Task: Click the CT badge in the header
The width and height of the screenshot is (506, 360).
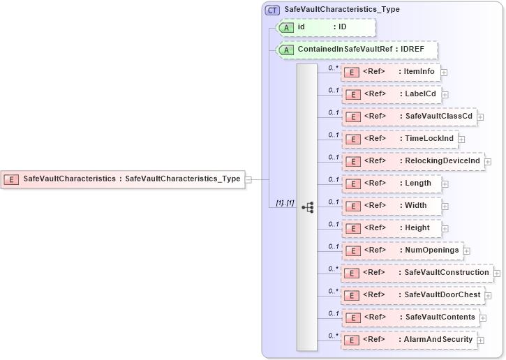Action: coord(273,10)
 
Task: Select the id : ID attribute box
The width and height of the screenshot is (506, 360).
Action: coord(327,27)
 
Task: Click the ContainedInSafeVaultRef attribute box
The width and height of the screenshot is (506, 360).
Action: coord(357,50)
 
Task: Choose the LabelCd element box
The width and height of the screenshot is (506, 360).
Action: coord(391,94)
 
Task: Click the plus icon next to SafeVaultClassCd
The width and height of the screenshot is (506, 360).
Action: coord(481,117)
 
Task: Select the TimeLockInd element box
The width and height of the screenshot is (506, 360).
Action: coord(400,139)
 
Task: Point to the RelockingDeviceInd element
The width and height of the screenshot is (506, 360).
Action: coord(413,161)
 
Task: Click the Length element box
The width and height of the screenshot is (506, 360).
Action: coord(391,183)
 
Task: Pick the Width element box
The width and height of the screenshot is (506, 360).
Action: coord(391,206)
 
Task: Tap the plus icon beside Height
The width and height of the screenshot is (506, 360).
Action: coord(445,228)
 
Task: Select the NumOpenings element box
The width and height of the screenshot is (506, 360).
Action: coord(402,250)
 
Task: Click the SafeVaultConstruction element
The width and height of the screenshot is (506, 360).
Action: coord(417,273)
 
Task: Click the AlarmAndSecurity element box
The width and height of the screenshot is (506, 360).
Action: coord(409,340)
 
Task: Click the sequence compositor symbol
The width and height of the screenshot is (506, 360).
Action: coord(307,207)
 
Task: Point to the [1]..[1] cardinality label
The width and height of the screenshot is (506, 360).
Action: coord(285,202)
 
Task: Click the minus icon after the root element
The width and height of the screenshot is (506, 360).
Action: coord(249,179)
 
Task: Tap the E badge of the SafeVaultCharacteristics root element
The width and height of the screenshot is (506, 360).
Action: coord(11,179)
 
